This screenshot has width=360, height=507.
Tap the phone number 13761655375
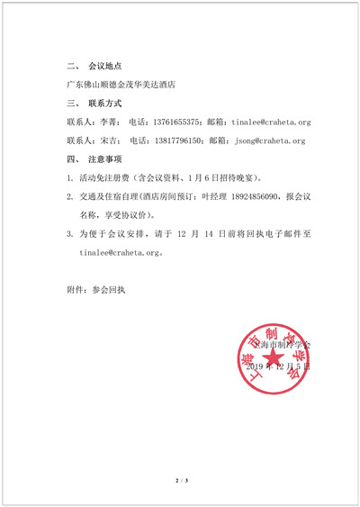(177, 122)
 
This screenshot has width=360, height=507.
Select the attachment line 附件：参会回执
(96, 291)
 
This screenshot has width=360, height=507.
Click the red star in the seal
(273, 361)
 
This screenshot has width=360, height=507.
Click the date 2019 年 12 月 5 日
(276, 367)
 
